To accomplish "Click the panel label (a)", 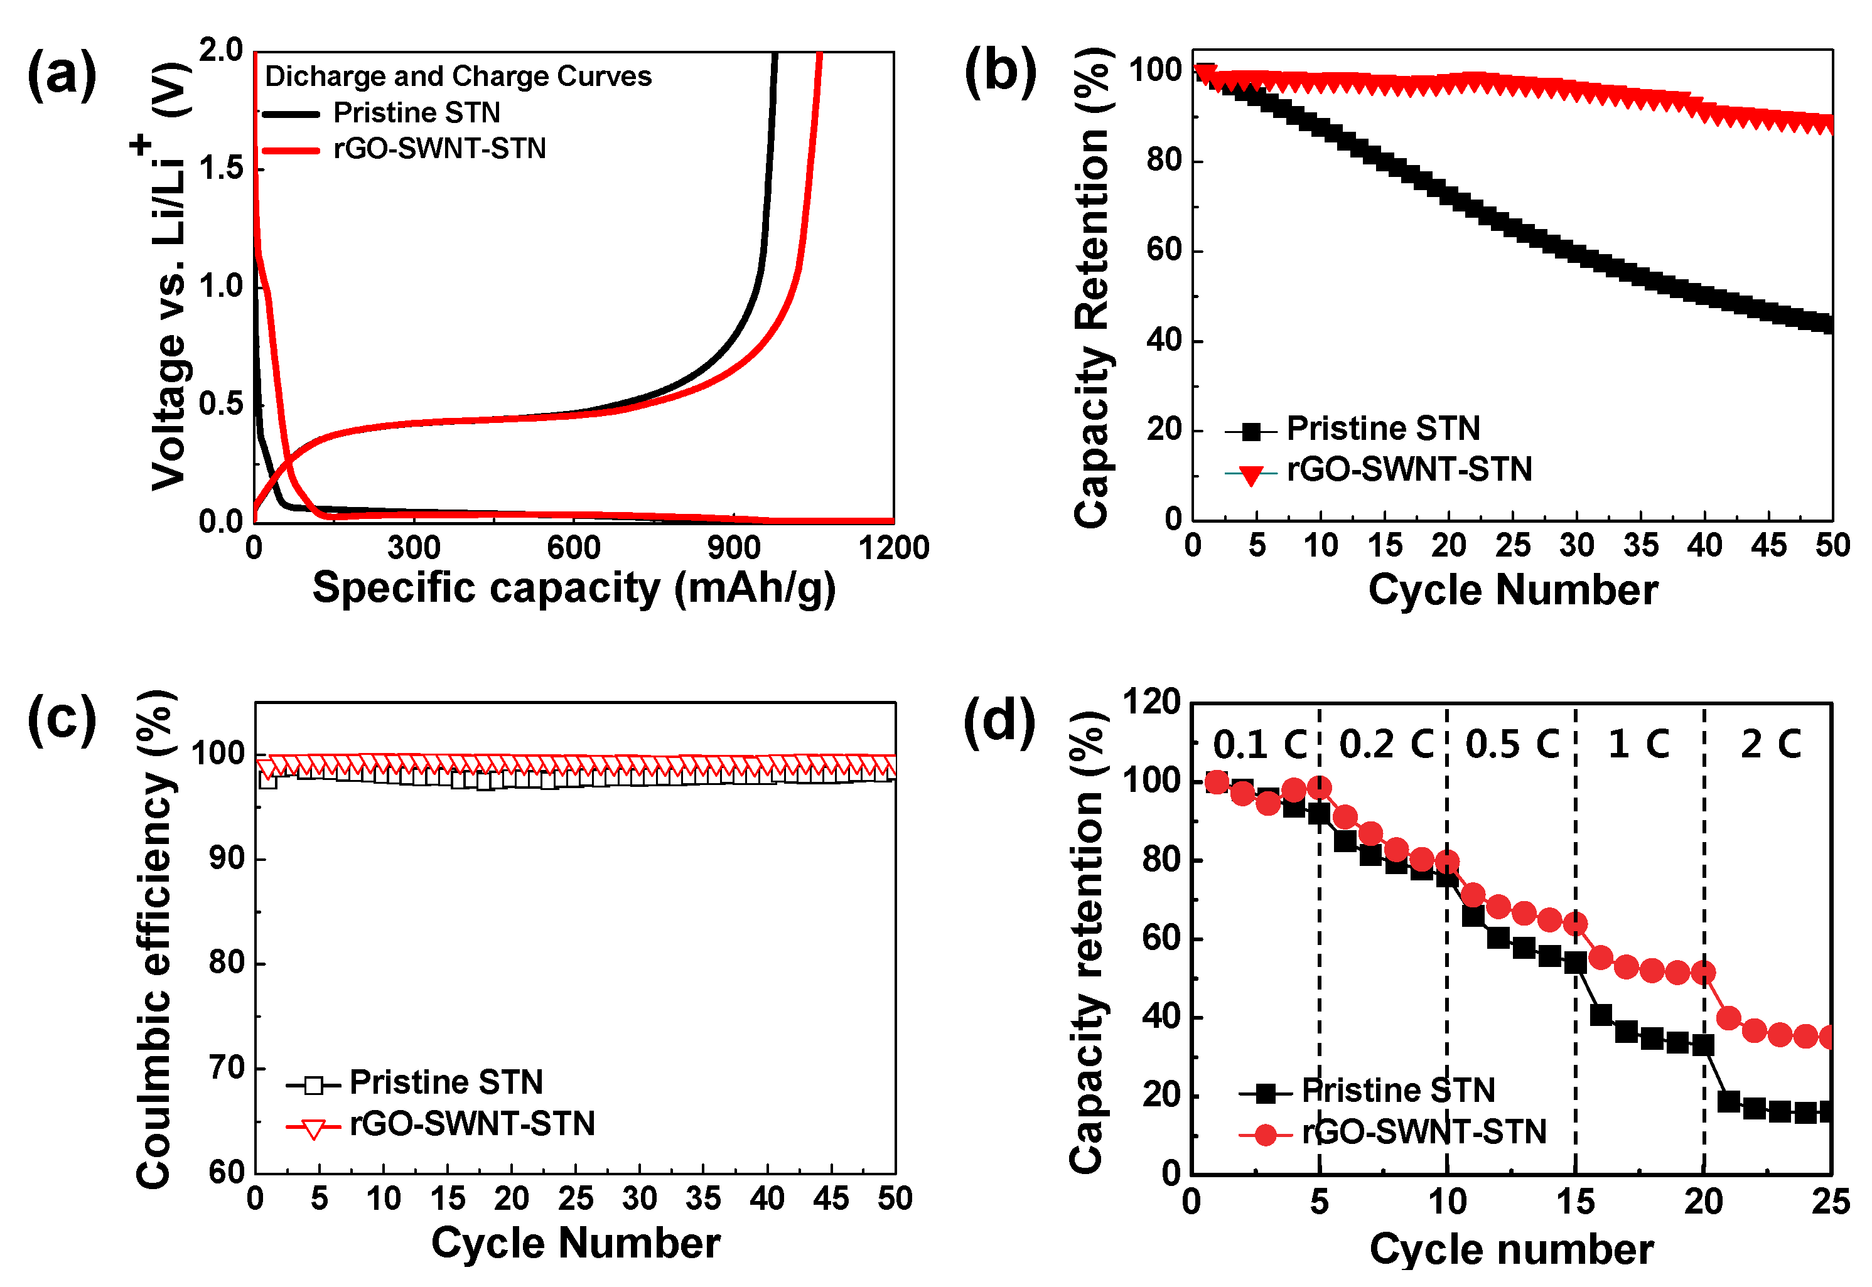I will [x=62, y=75].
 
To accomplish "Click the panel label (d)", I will [x=999, y=720].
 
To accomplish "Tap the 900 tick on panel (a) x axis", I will [x=733, y=548].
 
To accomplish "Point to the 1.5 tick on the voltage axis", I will [x=221, y=169].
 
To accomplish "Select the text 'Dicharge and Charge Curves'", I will [x=457, y=76].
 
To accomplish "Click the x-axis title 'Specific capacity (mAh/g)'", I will [x=573, y=588].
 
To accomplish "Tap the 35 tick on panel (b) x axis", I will [x=1640, y=547].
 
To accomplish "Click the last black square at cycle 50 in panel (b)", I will [x=1829, y=324].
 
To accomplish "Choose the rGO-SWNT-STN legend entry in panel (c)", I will [x=472, y=1124].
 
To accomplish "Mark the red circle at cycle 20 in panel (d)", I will [x=1703, y=973].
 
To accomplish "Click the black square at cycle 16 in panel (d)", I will [x=1601, y=1015].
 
